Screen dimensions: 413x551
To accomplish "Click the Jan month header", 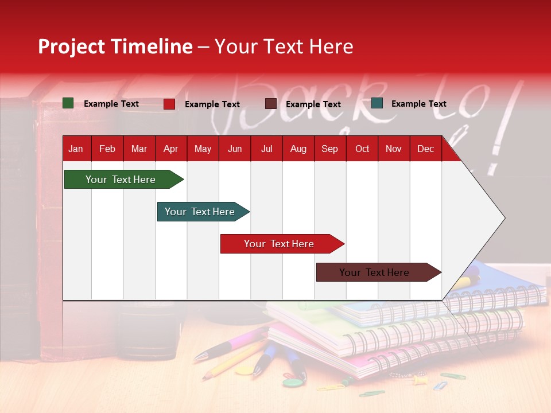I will tap(76, 149).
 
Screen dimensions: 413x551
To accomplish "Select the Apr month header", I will tap(170, 149).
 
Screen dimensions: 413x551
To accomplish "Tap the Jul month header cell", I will tap(266, 149).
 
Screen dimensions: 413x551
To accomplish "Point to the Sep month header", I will tap(329, 149).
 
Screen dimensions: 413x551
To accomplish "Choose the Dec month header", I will tap(425, 149).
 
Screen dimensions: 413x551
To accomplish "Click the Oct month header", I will tap(362, 149).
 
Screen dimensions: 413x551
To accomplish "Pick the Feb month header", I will tap(107, 149).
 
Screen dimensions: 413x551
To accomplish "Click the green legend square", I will tap(68, 103).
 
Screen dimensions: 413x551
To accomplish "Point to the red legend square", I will tap(169, 104).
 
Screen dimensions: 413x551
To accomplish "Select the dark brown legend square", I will tap(271, 104).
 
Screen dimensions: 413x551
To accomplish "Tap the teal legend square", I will tap(377, 103).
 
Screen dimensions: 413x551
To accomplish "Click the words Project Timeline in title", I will tap(115, 46).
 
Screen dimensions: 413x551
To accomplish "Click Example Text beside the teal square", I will tap(418, 104).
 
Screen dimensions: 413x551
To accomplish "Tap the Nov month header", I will tap(394, 149).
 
